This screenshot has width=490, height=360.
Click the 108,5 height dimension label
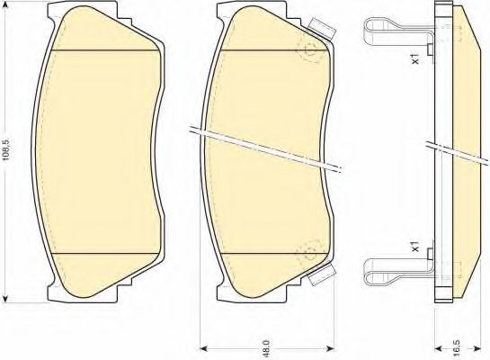6,150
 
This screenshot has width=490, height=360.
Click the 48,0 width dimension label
268,346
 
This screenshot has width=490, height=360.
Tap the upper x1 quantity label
415,58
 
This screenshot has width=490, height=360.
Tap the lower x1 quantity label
415,246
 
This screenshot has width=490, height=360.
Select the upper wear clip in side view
398,32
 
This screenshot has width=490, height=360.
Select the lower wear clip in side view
398,266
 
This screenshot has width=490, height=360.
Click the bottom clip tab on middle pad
322,274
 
